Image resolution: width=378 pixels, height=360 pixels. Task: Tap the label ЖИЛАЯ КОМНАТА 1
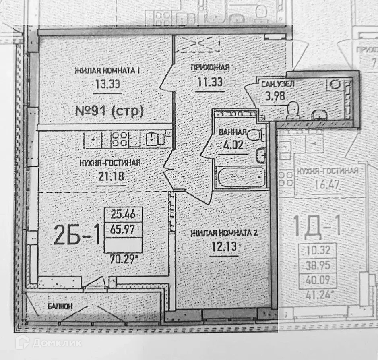point(107,71)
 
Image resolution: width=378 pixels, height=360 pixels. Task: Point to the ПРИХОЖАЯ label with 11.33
point(210,68)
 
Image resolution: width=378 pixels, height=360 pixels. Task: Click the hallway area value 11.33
point(210,82)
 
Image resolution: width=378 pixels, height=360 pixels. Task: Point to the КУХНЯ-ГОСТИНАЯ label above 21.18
point(109,162)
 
